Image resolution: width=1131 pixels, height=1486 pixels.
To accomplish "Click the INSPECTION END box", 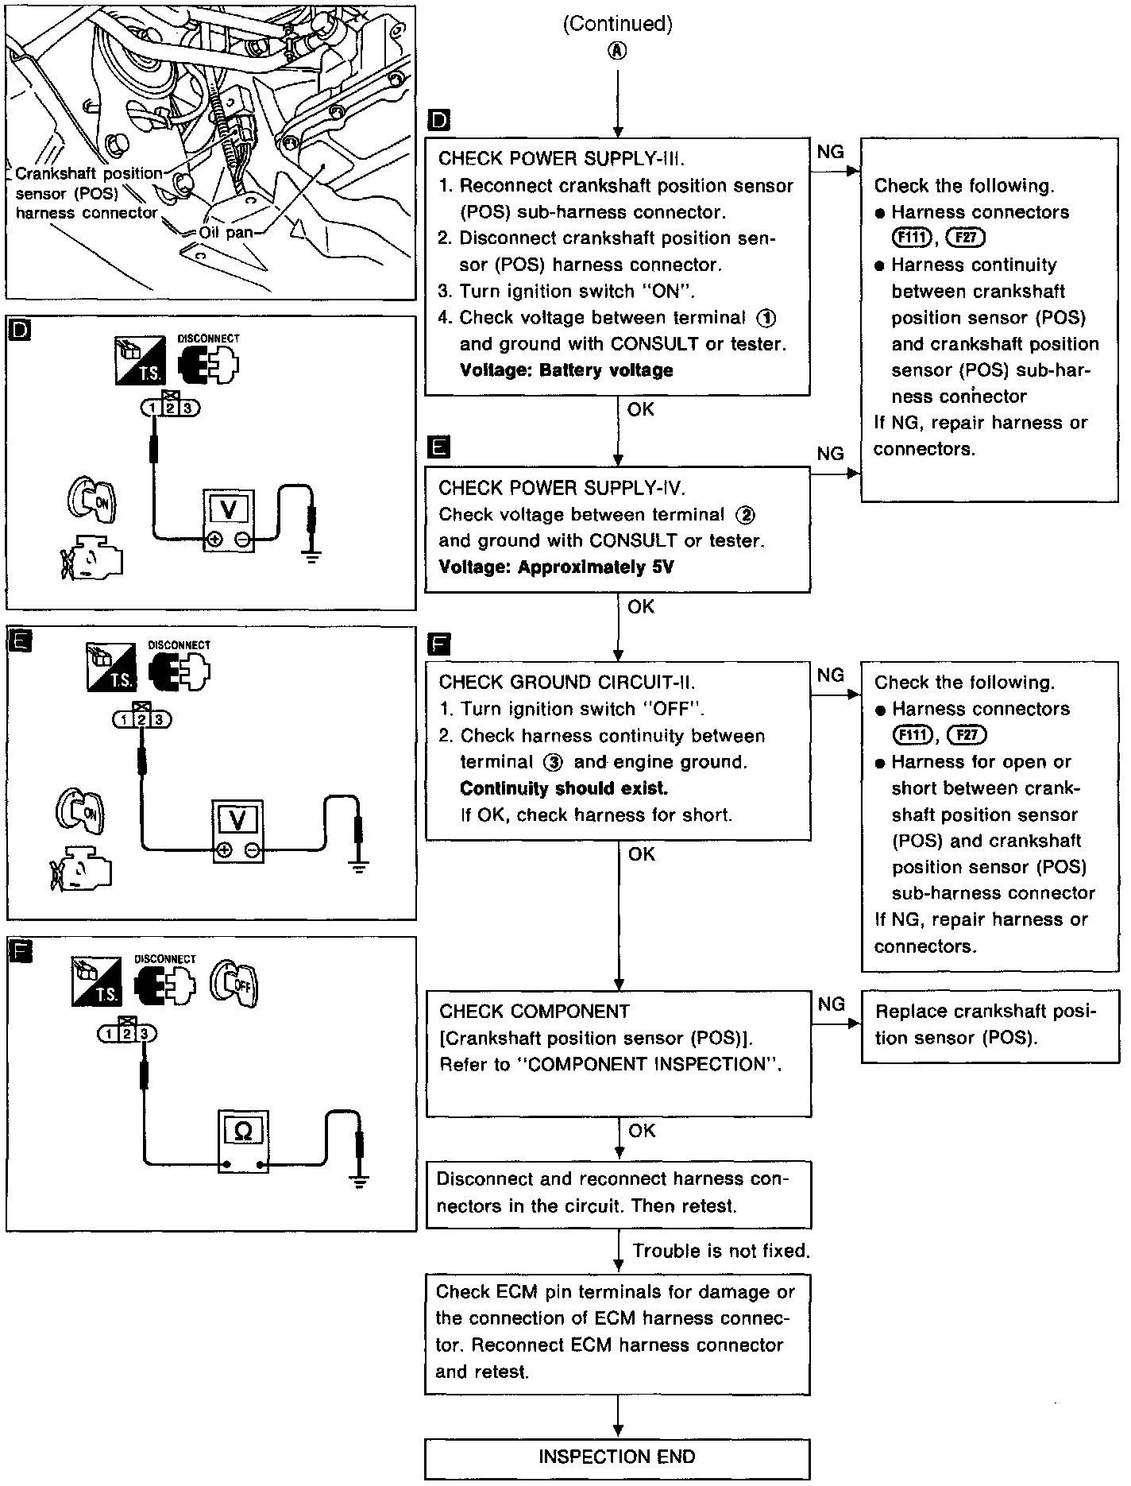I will (x=617, y=1457).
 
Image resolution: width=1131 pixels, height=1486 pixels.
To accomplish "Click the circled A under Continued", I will (x=617, y=50).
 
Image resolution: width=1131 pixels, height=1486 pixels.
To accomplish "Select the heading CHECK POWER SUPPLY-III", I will (x=561, y=158).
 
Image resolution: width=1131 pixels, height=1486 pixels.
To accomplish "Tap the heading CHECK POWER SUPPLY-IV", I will (x=561, y=487).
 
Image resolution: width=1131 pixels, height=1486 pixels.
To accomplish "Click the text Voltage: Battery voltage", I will (x=565, y=370).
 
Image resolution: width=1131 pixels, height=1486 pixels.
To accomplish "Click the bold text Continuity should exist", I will (x=564, y=788).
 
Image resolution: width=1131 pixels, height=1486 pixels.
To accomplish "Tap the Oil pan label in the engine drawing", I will (x=225, y=233).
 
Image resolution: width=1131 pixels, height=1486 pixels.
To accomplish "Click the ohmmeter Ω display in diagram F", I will (x=243, y=1132).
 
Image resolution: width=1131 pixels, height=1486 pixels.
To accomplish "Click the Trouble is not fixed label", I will (x=720, y=1251).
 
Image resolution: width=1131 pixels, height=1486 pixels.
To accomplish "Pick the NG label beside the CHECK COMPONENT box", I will (x=830, y=1004).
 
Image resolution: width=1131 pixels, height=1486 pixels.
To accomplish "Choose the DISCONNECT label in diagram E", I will (x=179, y=645).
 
